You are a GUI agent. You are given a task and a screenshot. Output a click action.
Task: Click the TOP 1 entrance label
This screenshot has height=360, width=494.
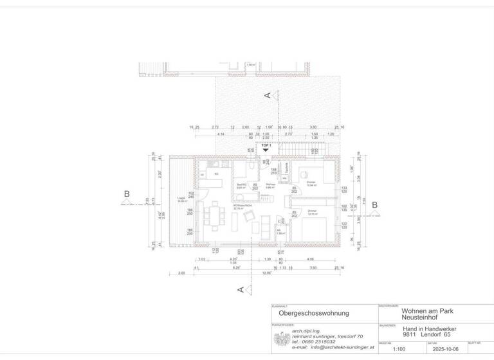[266, 145]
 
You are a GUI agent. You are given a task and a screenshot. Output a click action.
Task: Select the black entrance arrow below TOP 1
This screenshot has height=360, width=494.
[266, 151]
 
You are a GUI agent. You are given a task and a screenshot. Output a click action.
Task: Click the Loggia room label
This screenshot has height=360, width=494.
[181, 198]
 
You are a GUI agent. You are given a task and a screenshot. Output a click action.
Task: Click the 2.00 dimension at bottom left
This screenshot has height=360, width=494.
[181, 273]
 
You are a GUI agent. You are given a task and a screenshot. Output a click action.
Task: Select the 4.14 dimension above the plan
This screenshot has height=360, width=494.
[221, 134]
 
